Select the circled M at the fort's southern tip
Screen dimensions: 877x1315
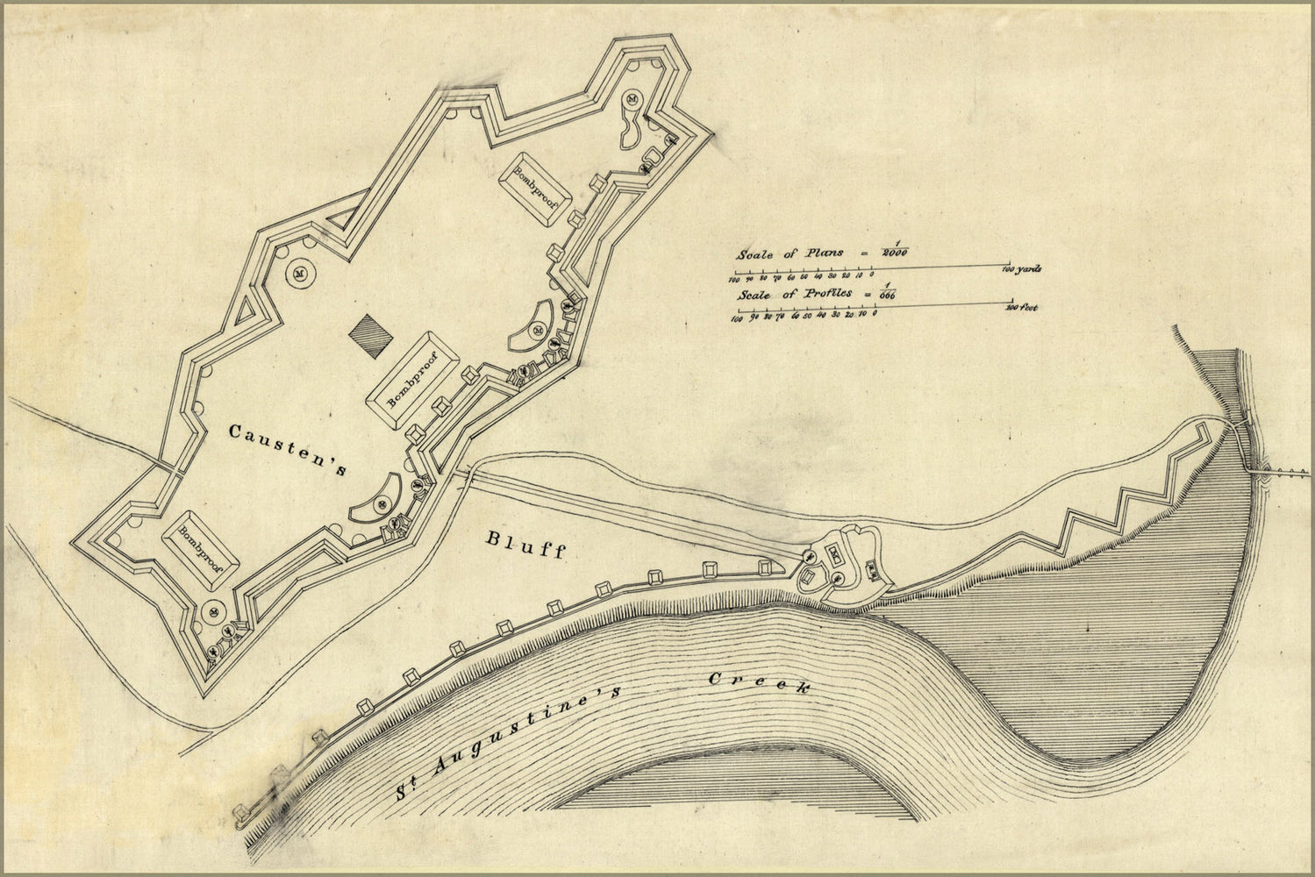213,611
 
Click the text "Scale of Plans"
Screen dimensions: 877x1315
790,253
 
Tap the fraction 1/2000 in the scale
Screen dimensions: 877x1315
895,251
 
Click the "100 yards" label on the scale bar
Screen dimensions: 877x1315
1022,269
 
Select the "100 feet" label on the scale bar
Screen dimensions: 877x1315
1021,308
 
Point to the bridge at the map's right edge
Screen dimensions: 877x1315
1281,472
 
